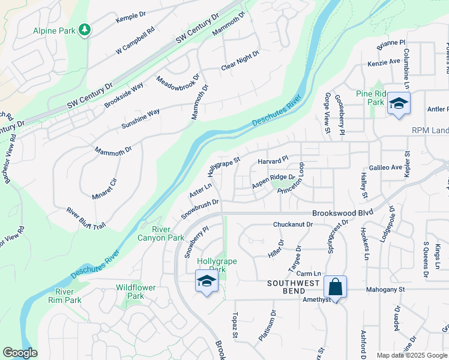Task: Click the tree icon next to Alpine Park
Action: click(85, 29)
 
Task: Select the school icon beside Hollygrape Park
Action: click(206, 281)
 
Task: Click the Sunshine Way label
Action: click(140, 119)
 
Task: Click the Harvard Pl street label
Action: click(273, 161)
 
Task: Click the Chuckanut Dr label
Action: click(293, 224)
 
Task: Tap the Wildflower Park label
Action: click(136, 292)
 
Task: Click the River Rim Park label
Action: click(64, 295)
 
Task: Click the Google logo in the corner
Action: click(20, 353)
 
